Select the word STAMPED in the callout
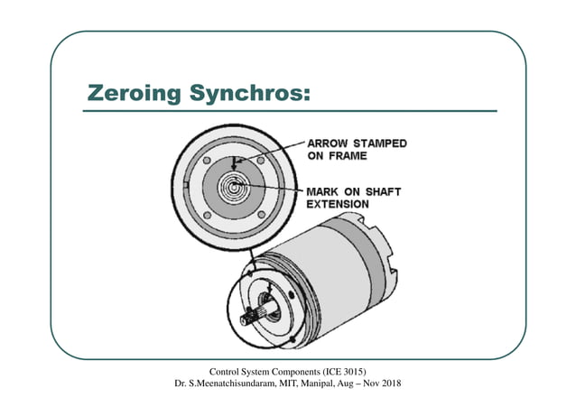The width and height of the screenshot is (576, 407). [380, 143]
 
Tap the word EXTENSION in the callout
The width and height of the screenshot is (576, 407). [338, 205]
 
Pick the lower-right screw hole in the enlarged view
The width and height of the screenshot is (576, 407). [261, 214]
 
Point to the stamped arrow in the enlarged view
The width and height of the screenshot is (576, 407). [234, 163]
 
